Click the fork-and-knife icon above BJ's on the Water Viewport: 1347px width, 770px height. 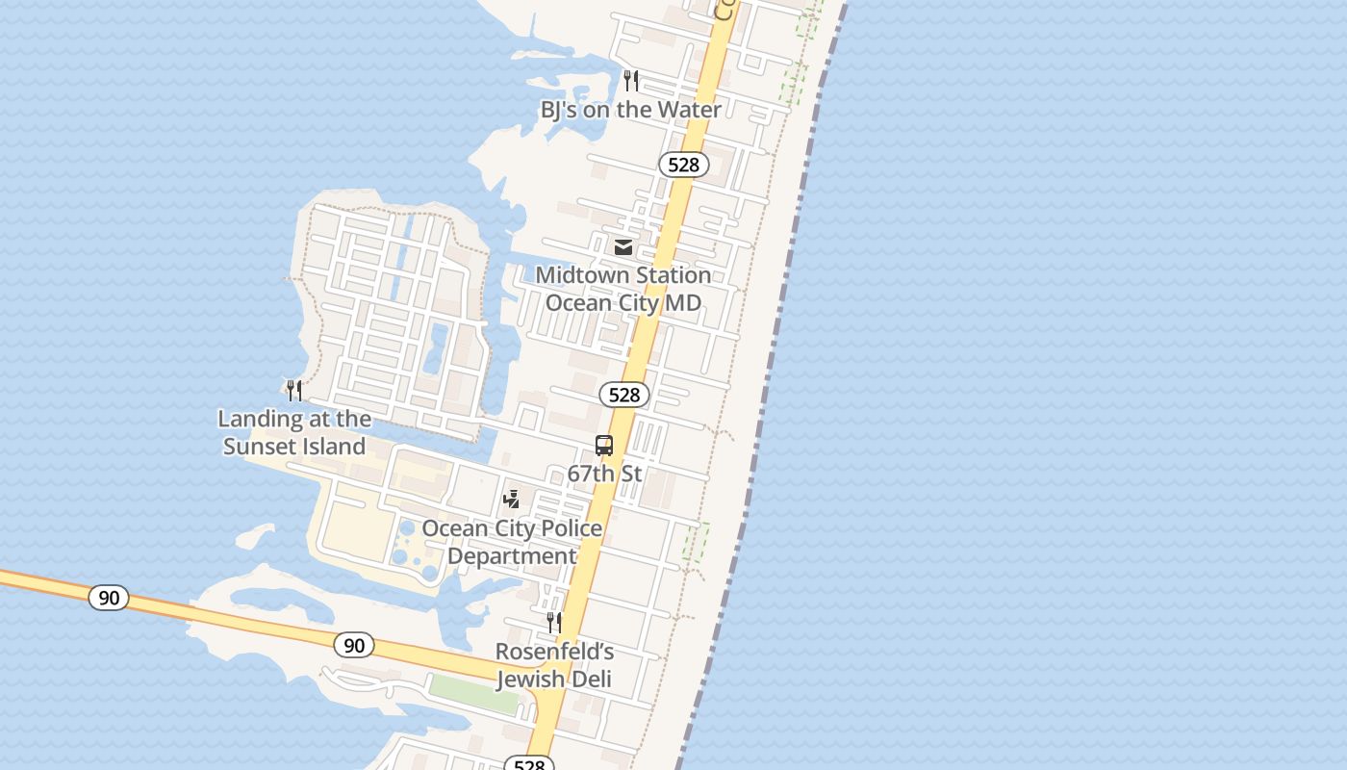click(631, 80)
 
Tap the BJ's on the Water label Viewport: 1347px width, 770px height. click(630, 110)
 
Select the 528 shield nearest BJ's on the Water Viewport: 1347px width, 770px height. click(683, 165)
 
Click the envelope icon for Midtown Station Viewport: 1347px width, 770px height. click(623, 247)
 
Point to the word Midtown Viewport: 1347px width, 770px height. click(581, 275)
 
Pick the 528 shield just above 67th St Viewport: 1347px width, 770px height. click(624, 395)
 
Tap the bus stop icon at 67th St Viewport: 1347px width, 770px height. click(604, 446)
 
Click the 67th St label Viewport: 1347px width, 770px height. click(604, 474)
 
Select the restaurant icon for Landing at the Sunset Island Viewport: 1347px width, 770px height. click(294, 390)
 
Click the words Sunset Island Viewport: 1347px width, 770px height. click(294, 447)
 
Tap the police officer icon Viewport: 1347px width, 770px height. click(512, 500)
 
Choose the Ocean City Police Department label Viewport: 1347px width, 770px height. click(512, 542)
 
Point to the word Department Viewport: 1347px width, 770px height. click(512, 556)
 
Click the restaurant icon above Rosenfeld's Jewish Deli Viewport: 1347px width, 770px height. click(554, 623)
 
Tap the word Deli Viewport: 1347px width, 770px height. click(592, 680)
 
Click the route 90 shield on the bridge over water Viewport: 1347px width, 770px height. click(109, 598)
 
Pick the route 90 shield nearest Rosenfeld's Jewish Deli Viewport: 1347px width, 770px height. click(354, 645)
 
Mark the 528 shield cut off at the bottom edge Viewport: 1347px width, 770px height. click(529, 764)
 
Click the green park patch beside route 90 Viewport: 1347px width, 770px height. click(473, 693)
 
